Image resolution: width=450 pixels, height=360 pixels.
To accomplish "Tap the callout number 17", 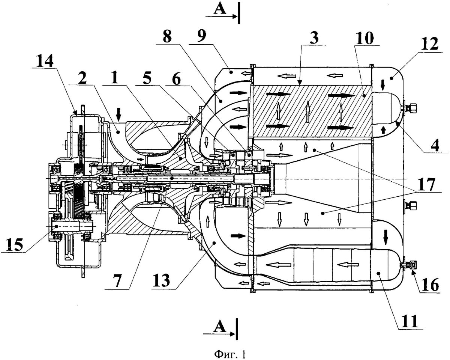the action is (x=425, y=184).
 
